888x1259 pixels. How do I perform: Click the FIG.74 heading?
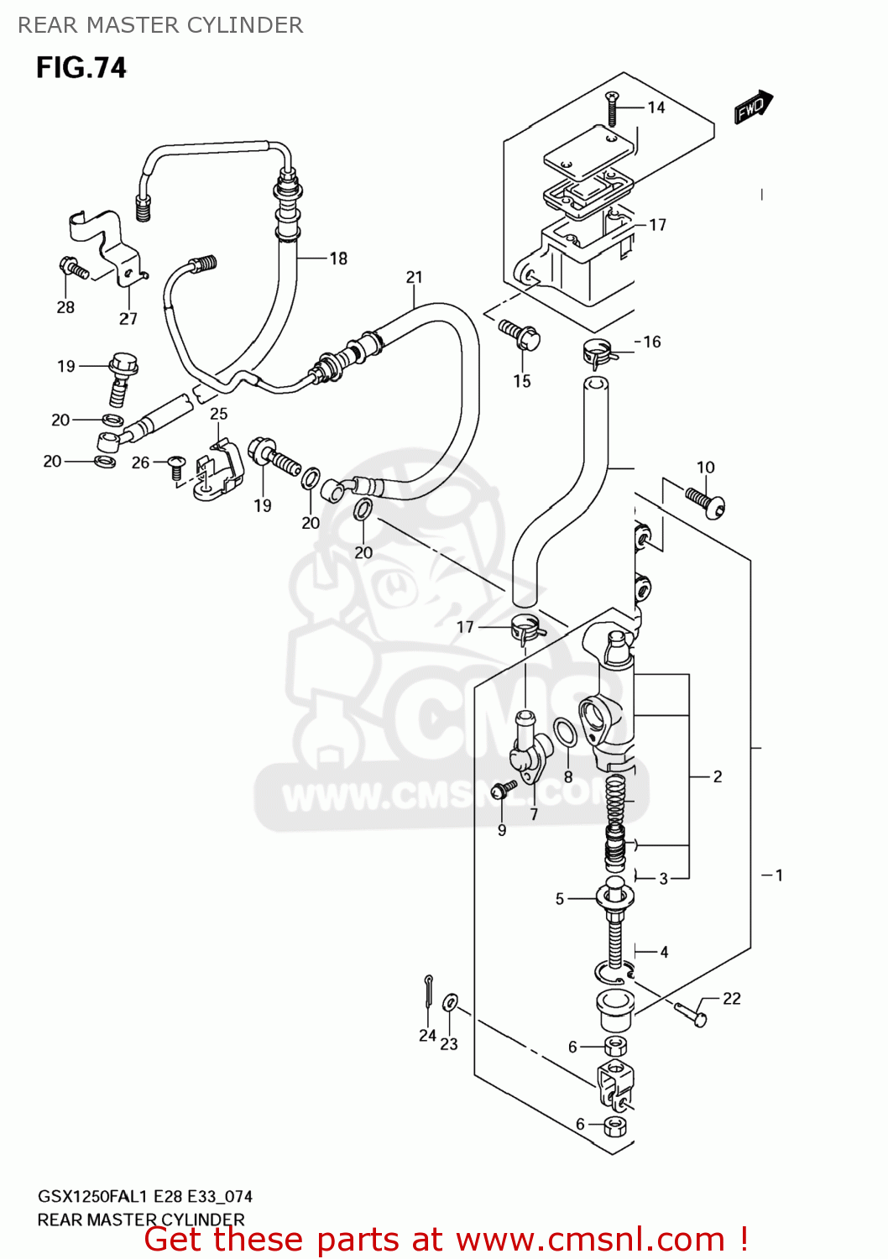click(81, 67)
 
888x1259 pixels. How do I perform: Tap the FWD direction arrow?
click(753, 107)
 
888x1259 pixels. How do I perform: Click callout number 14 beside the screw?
click(656, 107)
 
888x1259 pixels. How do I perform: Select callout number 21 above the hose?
click(414, 277)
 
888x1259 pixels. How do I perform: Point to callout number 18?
click(337, 259)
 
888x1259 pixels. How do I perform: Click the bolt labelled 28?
click(73, 269)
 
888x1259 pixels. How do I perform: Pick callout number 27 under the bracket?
click(128, 319)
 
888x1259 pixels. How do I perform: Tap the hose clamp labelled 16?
click(599, 353)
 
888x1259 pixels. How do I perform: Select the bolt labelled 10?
click(706, 502)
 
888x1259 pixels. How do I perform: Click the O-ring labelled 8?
click(566, 732)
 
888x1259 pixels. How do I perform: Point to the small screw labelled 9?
click(504, 789)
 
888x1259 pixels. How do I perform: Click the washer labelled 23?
click(450, 1002)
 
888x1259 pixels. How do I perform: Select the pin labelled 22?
click(690, 1014)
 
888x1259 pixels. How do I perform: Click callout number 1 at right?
click(778, 875)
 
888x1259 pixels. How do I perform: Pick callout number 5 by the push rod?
click(560, 899)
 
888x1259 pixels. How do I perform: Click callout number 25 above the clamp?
click(218, 414)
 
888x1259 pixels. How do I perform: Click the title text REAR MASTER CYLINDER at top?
click(160, 25)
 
